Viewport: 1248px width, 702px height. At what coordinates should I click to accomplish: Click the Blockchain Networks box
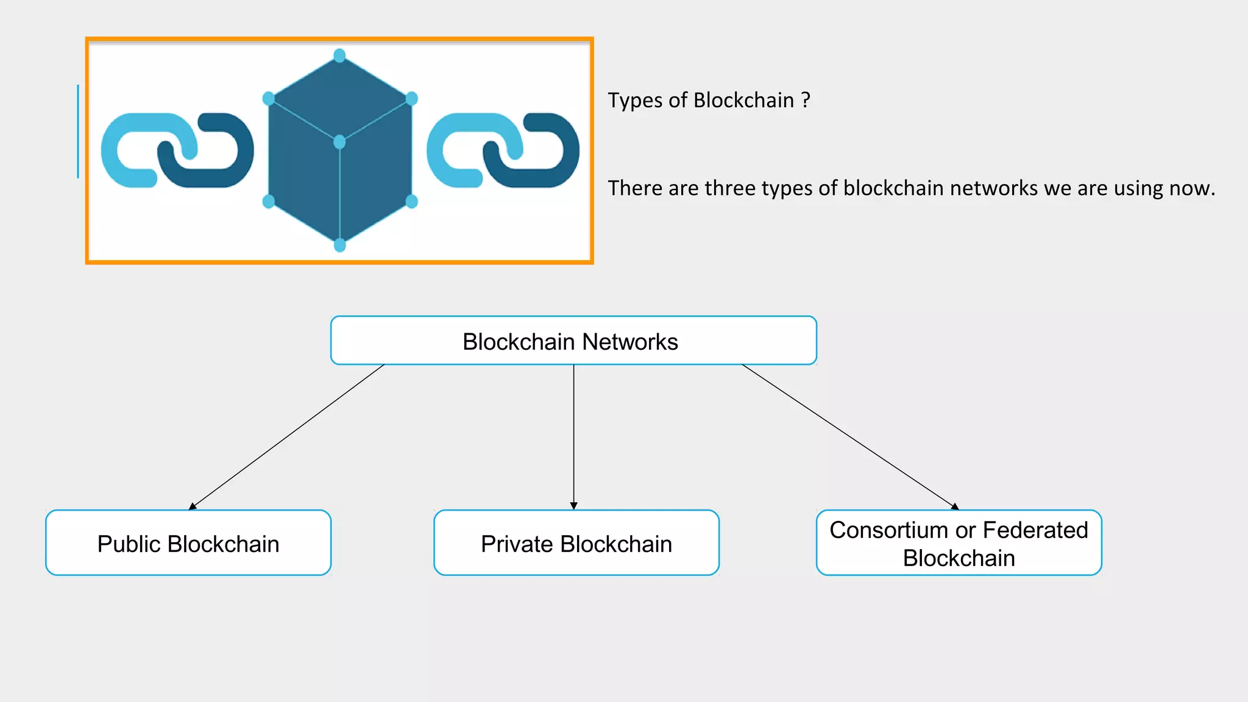[573, 341]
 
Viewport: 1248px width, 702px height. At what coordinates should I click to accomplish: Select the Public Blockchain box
[188, 543]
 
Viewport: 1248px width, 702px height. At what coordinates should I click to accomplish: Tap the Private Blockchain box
[576, 543]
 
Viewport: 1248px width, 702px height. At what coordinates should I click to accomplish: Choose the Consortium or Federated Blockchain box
[959, 543]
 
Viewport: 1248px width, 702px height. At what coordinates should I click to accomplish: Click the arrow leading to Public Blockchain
[286, 437]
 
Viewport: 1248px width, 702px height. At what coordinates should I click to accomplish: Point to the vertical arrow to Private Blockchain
[573, 437]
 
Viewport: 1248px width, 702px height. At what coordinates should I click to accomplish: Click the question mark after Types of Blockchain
[806, 100]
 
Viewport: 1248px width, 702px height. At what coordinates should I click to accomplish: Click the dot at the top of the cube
[340, 55]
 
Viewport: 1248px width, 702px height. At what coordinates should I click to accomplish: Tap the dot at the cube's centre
[340, 142]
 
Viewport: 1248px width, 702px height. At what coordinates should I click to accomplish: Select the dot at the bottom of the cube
[340, 245]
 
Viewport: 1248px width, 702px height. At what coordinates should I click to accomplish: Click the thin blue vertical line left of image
[78, 131]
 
